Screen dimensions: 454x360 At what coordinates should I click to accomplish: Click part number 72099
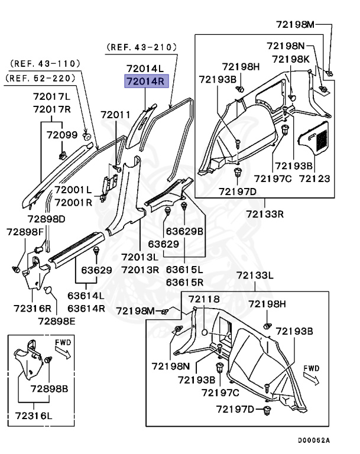click(62, 135)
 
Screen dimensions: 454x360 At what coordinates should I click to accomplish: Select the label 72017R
click(51, 109)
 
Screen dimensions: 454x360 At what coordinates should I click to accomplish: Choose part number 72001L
click(73, 190)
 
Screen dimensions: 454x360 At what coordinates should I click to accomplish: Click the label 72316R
click(32, 308)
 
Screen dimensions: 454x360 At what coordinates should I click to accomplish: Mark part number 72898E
click(57, 320)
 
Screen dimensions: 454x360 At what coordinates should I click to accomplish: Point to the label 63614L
click(85, 296)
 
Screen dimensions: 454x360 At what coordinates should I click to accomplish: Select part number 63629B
click(184, 231)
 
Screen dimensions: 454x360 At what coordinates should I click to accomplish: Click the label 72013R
click(141, 270)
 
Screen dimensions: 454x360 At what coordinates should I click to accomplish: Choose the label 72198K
click(290, 59)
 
